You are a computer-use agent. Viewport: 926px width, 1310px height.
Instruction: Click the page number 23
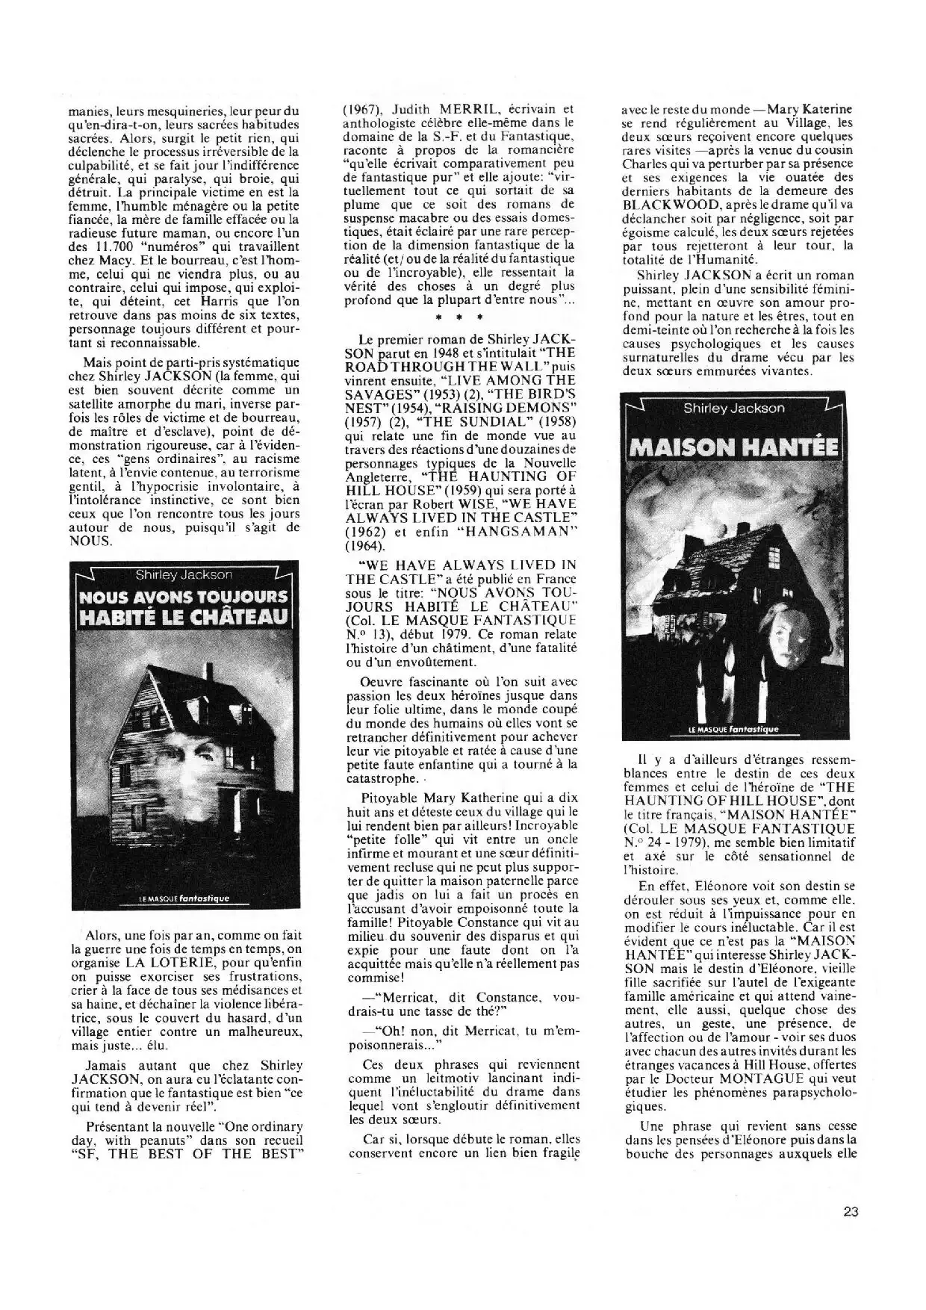click(850, 1211)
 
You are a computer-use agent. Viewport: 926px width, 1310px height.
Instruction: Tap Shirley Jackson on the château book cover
click(183, 574)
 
